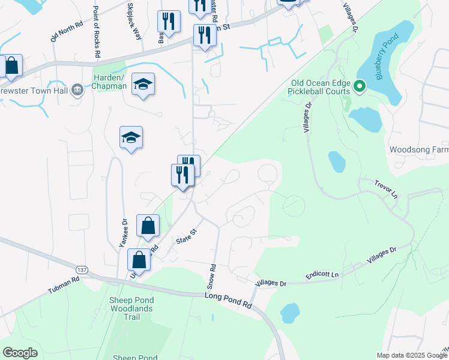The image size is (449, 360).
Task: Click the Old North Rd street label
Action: click(62, 28)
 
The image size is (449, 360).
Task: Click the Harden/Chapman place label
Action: click(109, 82)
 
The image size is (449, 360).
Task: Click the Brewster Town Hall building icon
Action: click(77, 90)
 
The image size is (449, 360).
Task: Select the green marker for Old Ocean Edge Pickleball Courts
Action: click(360, 87)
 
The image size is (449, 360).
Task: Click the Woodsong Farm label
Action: click(418, 149)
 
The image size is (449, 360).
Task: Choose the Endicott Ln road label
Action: click(322, 274)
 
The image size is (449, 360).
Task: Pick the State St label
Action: click(187, 236)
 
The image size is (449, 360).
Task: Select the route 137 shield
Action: click(82, 271)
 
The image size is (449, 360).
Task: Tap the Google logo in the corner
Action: click(20, 353)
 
